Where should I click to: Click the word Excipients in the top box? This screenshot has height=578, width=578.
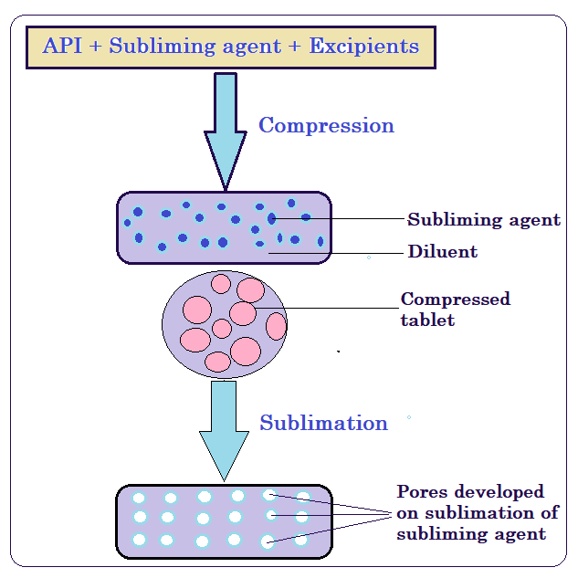(364, 46)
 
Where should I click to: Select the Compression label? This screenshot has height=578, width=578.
(326, 125)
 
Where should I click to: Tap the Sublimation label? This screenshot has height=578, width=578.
(323, 423)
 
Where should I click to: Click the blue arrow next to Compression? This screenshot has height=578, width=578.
(225, 128)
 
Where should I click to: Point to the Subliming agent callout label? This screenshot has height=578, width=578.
(484, 220)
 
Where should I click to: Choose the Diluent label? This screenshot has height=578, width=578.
(442, 251)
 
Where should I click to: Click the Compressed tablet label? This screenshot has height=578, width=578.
(455, 309)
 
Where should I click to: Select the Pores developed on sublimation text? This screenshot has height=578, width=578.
(471, 512)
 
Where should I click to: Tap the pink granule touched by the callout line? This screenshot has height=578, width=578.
(243, 313)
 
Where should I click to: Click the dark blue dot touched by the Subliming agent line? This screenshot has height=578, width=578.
(271, 218)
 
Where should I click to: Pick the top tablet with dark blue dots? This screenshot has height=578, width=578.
(224, 227)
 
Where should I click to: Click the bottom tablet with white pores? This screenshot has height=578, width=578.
(224, 520)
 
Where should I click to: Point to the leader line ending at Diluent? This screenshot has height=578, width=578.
(338, 252)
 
